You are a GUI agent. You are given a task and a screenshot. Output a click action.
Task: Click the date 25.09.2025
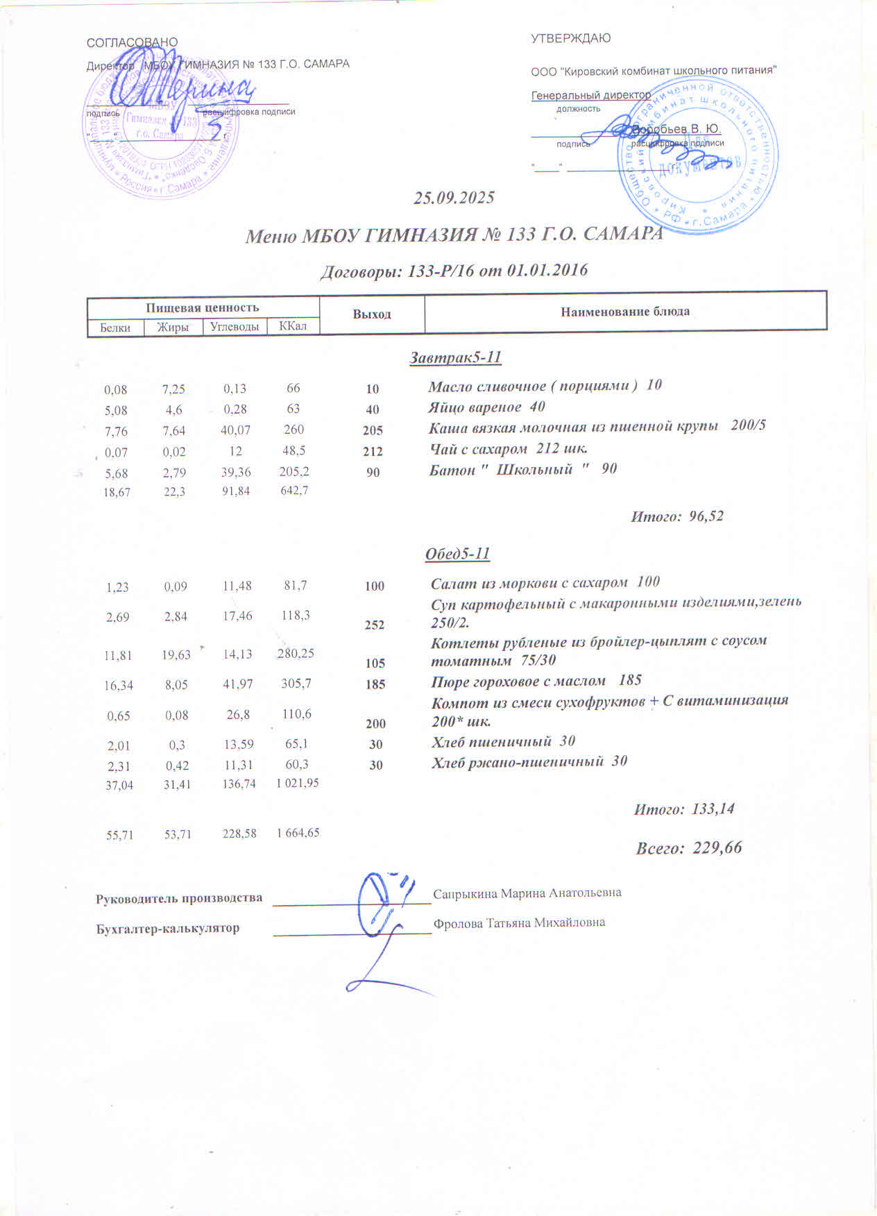pos(454,198)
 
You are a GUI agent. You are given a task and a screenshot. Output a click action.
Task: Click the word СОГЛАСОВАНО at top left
pos(132,42)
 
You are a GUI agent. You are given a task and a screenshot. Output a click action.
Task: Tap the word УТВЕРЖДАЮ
pos(570,39)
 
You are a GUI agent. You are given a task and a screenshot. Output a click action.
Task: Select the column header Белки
pos(115,328)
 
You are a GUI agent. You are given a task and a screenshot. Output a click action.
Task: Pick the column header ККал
pos(293,326)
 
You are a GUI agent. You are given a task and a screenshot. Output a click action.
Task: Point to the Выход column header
pos(372,314)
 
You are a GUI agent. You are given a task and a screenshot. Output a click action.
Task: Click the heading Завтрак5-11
pos(455,358)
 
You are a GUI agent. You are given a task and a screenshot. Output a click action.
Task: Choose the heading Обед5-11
pos(457,554)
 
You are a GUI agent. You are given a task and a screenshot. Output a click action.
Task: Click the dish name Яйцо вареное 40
pos(486,407)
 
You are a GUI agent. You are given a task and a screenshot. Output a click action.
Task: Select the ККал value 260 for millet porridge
pos(294,430)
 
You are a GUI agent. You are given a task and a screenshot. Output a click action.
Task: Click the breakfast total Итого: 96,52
pos(676,516)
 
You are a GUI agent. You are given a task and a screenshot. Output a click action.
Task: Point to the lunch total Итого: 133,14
pos(683,809)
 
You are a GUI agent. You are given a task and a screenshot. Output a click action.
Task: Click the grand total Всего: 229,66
pos(688,847)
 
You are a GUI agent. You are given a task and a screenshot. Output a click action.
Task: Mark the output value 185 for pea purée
pos(375,684)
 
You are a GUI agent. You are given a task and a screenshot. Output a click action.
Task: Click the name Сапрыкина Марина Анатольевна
pos(527,893)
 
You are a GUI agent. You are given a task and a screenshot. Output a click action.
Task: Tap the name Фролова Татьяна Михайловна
pos(519,923)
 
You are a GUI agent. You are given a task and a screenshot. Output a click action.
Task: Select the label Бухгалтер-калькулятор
pos(167,928)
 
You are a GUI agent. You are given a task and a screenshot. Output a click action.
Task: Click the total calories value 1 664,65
pos(298,833)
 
